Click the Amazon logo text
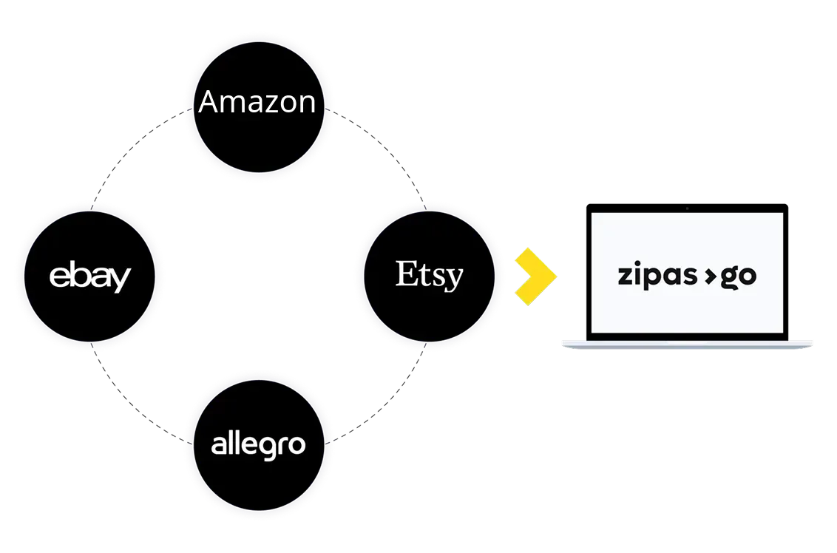pos(257,102)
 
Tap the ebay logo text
pos(89,277)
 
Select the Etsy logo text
pos(429,275)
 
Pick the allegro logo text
pos(258,445)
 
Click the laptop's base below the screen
pos(688,342)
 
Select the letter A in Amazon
pos(209,102)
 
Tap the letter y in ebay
pos(121,280)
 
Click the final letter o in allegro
pos(296,446)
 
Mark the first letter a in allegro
pos(219,446)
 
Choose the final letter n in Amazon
pos(306,104)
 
